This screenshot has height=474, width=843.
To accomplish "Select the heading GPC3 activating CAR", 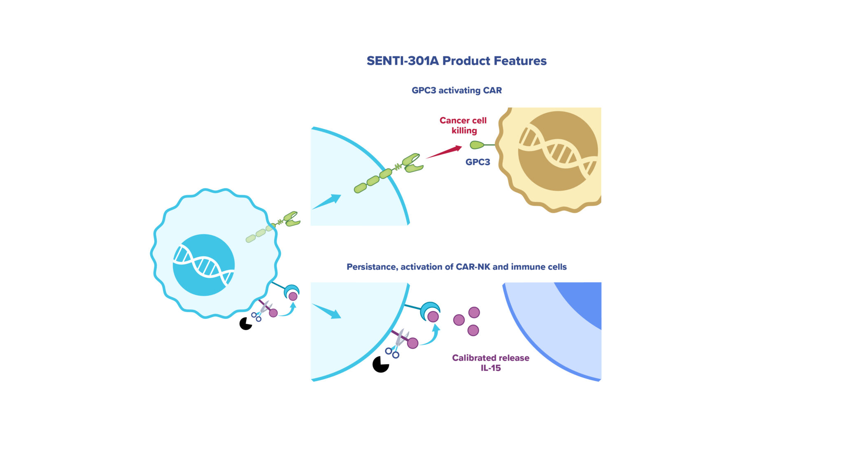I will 456,91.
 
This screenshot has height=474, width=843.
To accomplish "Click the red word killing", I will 464,131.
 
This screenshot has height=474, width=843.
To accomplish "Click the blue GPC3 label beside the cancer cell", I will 477,162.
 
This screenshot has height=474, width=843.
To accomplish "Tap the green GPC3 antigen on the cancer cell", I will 477,145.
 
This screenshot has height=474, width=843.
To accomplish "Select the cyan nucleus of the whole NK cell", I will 203,265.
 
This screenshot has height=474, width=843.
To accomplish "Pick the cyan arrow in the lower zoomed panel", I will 327,311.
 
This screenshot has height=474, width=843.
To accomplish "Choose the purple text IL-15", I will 491,368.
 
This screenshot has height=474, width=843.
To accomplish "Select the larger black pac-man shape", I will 380,365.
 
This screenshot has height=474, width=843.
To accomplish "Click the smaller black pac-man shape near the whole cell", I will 246,324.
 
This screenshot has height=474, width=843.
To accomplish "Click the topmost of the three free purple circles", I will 474,313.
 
